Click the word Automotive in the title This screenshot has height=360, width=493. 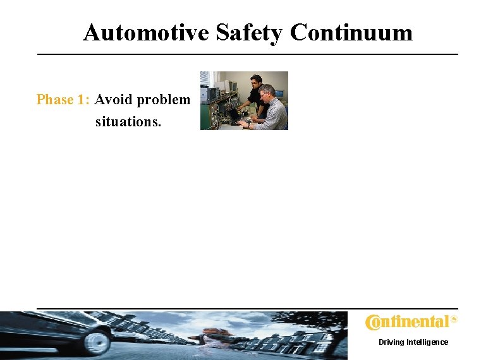(x=147, y=32)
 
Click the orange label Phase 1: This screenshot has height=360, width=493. (x=64, y=100)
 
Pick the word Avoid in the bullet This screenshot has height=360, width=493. (x=114, y=100)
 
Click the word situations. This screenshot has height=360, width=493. (x=128, y=121)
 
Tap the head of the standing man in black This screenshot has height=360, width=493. (x=256, y=81)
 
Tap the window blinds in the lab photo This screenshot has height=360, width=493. (x=205, y=79)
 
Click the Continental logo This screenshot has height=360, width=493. (x=407, y=323)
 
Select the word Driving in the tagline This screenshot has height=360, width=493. (x=391, y=342)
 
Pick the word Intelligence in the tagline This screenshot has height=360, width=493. (x=427, y=342)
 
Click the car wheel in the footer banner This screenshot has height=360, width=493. (x=97, y=342)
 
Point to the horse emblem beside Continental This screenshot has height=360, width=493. (x=453, y=320)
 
